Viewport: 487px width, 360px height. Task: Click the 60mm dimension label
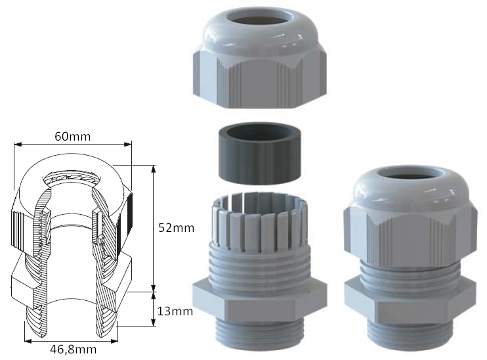[x=73, y=136]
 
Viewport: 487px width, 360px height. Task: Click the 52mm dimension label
[x=176, y=228]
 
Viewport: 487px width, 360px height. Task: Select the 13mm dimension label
[x=175, y=311]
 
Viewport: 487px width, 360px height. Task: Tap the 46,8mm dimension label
[x=74, y=349]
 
